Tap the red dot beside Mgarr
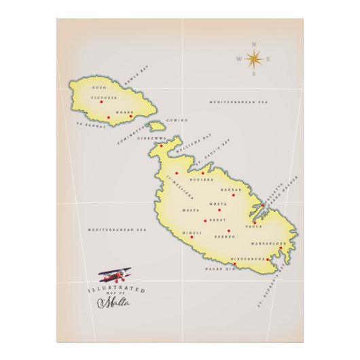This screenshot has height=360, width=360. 131,116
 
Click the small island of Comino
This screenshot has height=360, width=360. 157,126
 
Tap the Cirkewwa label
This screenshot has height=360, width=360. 151,138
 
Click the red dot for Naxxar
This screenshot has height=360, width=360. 233,195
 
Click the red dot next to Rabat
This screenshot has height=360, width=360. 205,221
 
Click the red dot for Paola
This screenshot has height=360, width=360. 254,222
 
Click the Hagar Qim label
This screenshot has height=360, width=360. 219,269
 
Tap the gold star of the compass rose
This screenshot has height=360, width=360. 254,59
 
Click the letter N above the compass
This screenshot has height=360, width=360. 254,44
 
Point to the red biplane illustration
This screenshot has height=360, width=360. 115,275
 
